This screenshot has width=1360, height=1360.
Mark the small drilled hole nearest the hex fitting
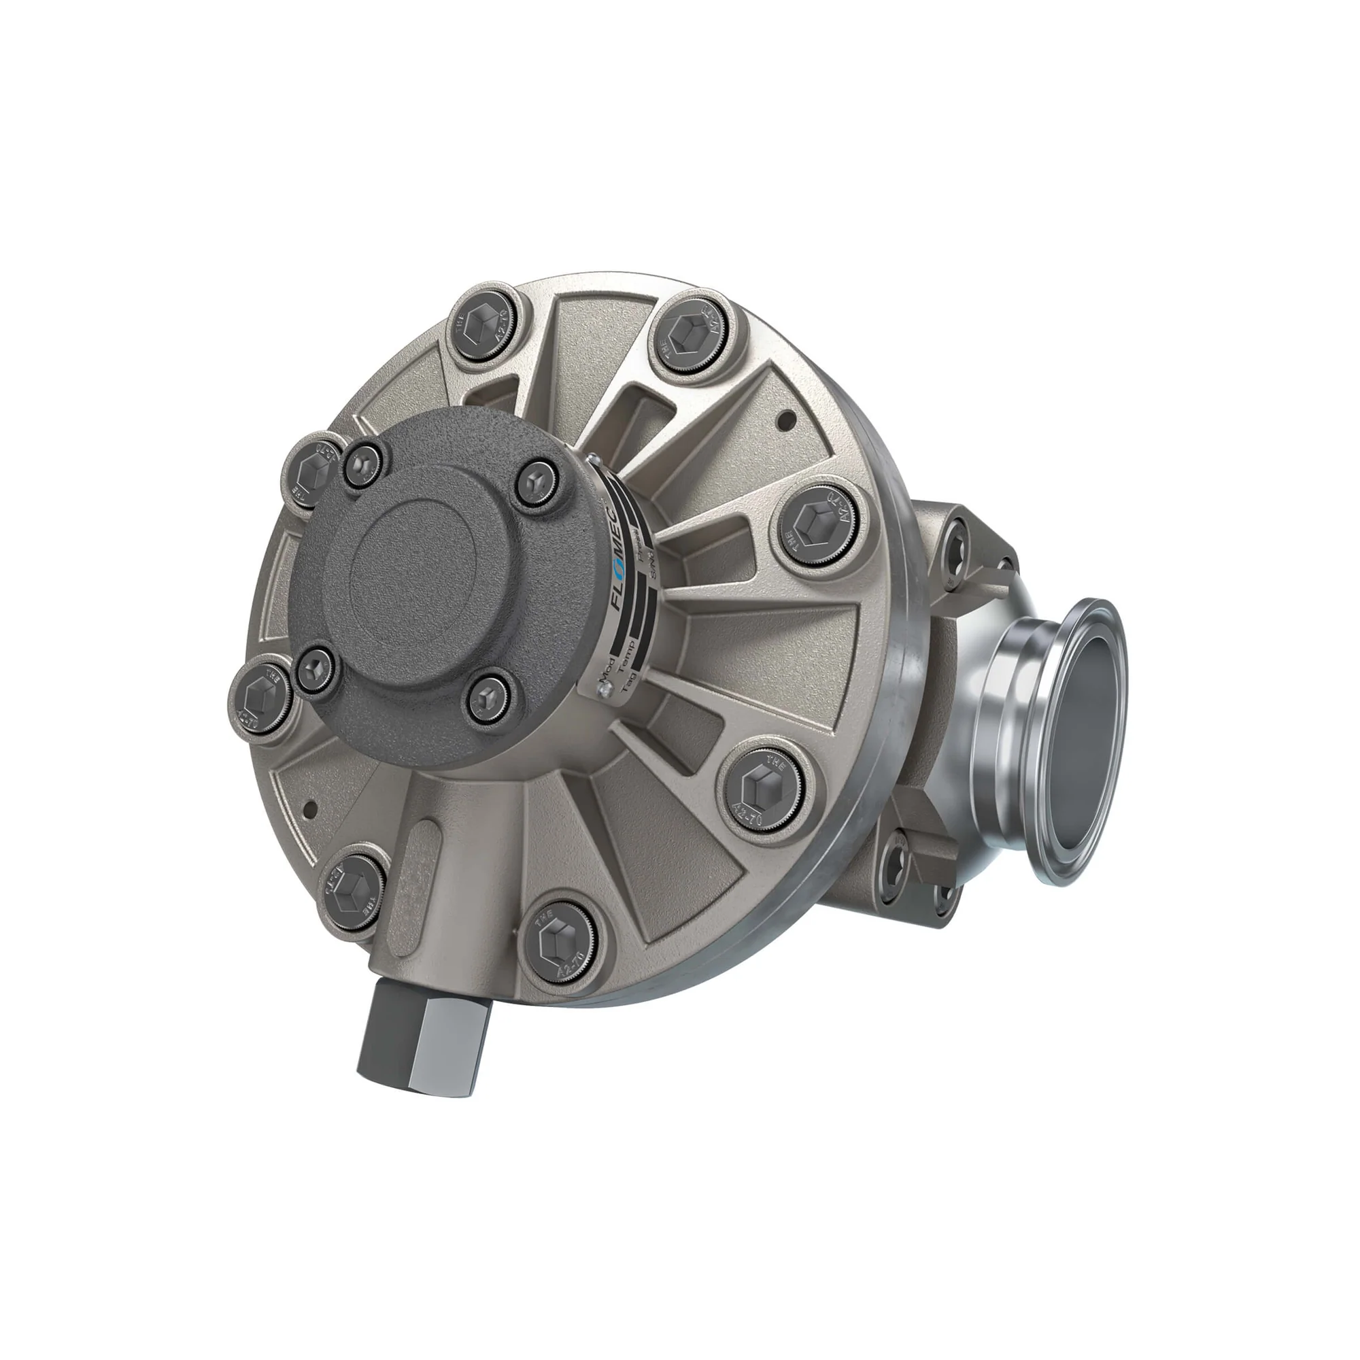(x=307, y=808)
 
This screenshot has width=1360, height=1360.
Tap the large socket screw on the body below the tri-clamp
(x=899, y=862)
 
